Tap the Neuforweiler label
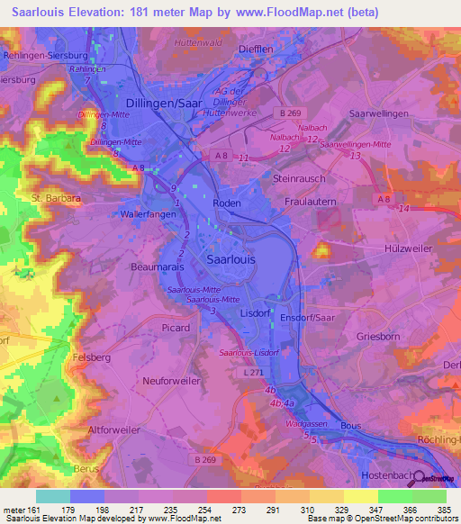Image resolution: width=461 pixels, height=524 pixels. (x=172, y=381)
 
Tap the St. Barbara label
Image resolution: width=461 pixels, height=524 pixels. (x=56, y=197)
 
